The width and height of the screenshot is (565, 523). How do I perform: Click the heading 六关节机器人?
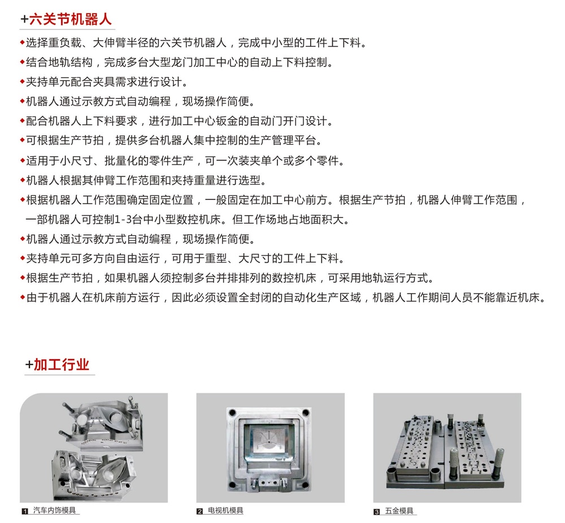pos(70,19)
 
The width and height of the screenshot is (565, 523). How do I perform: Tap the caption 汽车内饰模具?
pos(54,511)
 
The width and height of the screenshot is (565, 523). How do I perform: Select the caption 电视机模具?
pos(225,511)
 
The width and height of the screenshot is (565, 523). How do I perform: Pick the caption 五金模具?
pos(399,511)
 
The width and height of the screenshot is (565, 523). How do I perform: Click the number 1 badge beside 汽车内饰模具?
pos(25,511)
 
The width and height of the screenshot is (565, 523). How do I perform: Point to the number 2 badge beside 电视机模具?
pos(199,511)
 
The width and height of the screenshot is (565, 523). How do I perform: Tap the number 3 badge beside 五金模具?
pos(376,512)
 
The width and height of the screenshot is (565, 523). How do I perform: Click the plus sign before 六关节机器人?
pos(24,19)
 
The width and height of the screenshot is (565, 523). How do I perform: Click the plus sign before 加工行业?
pos(29,365)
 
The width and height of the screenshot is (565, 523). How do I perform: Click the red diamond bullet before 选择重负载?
pos(23,43)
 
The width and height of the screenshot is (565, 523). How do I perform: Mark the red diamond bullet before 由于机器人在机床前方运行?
pos(23,298)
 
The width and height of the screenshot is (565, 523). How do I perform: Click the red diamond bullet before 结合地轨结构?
pos(23,62)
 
